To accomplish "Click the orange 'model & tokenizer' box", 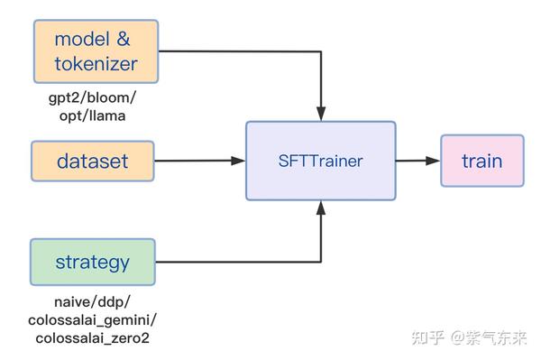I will [x=96, y=51].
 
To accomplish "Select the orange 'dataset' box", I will [x=93, y=162].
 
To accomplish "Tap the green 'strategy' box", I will [x=93, y=263].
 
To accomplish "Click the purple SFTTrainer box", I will [x=321, y=161].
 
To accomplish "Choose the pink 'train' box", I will [x=481, y=161].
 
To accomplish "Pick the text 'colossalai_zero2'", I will [x=93, y=339].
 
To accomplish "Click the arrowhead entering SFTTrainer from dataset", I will [x=239, y=161].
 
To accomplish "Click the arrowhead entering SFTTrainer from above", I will [x=321, y=115].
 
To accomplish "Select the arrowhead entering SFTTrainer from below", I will [x=321, y=207].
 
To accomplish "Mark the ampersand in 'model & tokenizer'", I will [x=124, y=39].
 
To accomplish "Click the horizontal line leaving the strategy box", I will [x=234, y=263].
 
